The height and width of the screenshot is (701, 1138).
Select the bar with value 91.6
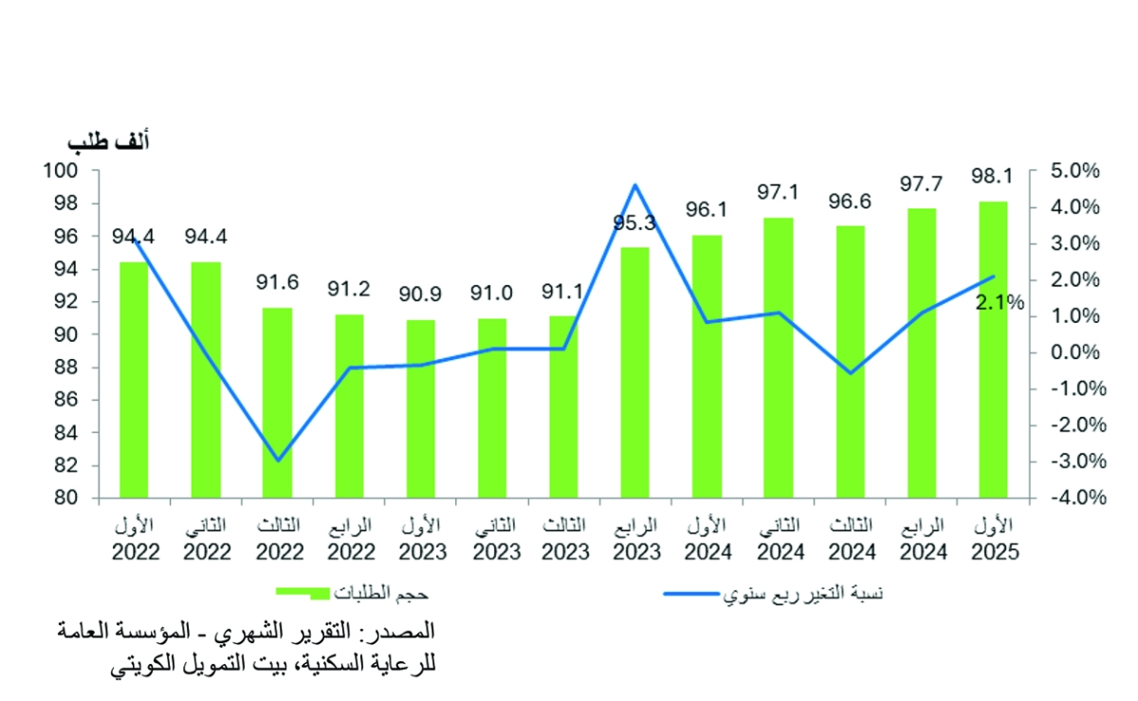pos(277,403)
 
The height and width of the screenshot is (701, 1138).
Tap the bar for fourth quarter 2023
pos(634,371)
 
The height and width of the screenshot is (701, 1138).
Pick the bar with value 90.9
pos(420,408)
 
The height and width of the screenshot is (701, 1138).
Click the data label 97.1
pos(778,192)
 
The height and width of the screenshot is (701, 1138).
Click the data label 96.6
pos(850,201)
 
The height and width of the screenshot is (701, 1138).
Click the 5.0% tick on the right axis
pos(1074,171)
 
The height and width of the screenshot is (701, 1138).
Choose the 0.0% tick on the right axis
pos(1074,352)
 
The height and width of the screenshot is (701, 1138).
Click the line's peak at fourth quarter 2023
pos(635,185)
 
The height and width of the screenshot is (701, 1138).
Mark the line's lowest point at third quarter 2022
pos(278,460)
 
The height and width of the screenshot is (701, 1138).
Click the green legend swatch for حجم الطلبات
pos(303,592)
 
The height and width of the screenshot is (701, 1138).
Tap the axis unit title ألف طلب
pos(109,142)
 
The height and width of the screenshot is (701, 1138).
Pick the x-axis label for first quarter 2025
pos(993,539)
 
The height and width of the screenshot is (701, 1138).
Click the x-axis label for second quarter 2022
pos(206,539)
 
